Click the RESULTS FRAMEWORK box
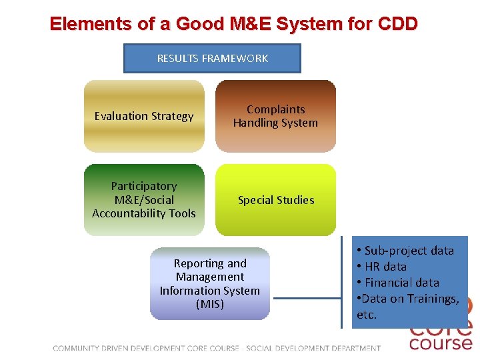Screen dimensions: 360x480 point(212,59)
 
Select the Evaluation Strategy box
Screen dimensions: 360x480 point(144,116)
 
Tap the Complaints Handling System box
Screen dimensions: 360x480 point(275,116)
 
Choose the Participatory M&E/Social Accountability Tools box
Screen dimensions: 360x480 point(144,200)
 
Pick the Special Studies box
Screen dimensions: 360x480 point(275,200)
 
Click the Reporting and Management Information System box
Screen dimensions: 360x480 point(210,283)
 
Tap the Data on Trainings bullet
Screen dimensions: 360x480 point(408,299)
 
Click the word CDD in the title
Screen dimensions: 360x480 point(397,24)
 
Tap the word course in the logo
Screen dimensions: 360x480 point(440,343)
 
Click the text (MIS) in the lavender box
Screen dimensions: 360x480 point(210,304)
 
